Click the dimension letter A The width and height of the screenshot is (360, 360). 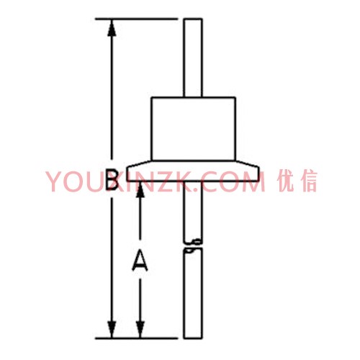click(x=140, y=261)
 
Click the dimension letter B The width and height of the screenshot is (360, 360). click(x=112, y=179)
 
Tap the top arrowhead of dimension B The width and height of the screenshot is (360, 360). click(x=112, y=27)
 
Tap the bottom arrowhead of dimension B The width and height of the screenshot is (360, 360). click(x=112, y=330)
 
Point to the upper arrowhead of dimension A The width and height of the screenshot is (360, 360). click(x=140, y=189)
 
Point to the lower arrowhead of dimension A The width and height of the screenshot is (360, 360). click(x=140, y=330)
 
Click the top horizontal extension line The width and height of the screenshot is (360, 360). click(x=136, y=19)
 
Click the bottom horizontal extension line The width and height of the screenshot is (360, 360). click(x=136, y=338)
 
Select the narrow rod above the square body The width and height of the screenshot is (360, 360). click(x=193, y=58)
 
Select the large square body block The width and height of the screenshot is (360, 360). click(x=194, y=129)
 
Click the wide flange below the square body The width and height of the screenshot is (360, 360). click(x=193, y=171)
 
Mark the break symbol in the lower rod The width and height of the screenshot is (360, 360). click(x=193, y=246)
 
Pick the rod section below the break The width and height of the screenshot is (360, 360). click(x=193, y=294)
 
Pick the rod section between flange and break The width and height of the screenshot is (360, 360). click(x=193, y=211)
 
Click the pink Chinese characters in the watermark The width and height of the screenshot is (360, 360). click(x=297, y=181)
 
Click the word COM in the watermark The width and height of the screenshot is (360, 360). click(x=232, y=181)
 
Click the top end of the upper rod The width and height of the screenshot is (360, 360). click(x=193, y=19)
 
